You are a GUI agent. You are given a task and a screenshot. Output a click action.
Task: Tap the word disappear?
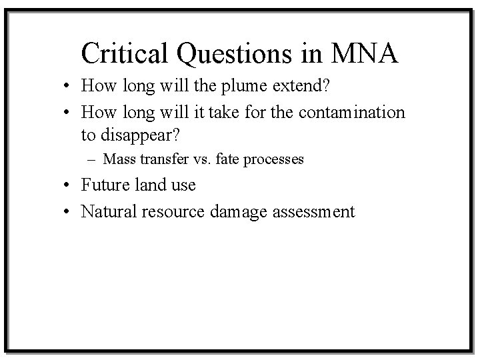pyautogui.click(x=139, y=135)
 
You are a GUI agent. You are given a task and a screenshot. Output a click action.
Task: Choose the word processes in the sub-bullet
pyautogui.click(x=271, y=160)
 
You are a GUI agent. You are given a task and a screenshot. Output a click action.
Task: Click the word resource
pyautogui.click(x=173, y=211)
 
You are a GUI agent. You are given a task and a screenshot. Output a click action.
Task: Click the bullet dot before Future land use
pyautogui.click(x=69, y=185)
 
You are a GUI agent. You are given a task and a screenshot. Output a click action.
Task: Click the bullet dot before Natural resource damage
pyautogui.click(x=69, y=212)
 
